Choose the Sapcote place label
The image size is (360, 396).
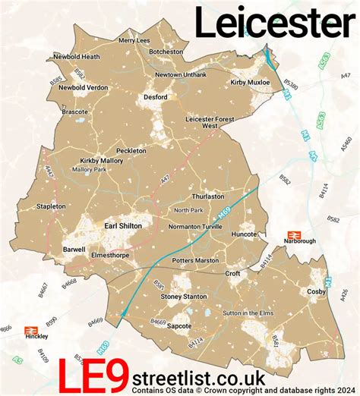tap(178, 325)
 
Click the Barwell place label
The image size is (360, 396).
tap(74, 248)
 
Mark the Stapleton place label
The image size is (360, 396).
tap(52, 206)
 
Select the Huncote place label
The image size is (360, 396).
tap(245, 234)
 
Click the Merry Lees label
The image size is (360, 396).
tap(134, 40)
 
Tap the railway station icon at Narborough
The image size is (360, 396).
tap(291, 237)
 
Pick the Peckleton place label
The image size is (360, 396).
tap(126, 151)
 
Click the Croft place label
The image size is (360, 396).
tap(232, 272)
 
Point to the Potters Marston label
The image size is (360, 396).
tap(195, 259)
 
